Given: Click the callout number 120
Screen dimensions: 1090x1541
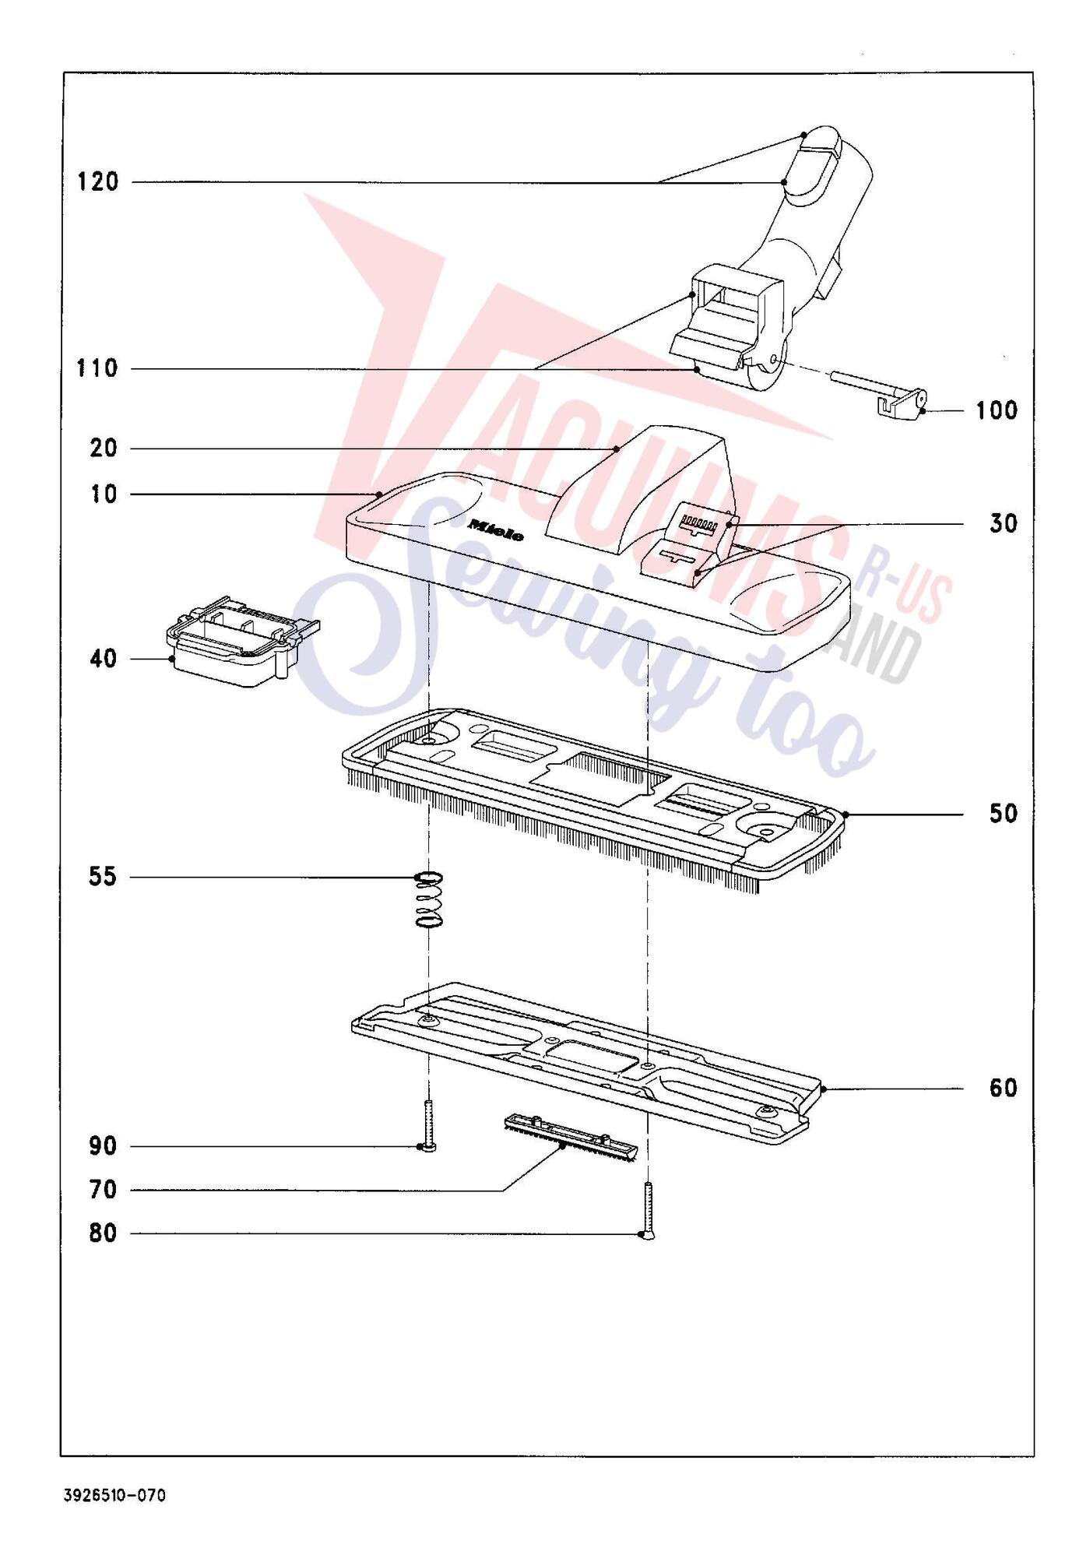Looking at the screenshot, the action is pyautogui.click(x=98, y=182).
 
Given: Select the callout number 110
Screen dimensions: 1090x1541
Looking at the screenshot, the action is pyautogui.click(x=97, y=368).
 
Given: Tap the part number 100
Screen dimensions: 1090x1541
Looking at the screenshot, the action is pyautogui.click(x=997, y=410).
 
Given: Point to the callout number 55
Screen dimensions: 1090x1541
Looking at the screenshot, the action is pyautogui.click(x=102, y=878).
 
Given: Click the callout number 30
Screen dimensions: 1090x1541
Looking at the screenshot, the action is pyautogui.click(x=1004, y=524).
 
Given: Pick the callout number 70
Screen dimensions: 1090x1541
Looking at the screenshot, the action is pyautogui.click(x=103, y=1190).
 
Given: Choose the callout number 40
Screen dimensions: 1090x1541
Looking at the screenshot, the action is pyautogui.click(x=103, y=659).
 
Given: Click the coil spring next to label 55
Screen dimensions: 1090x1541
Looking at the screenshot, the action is pyautogui.click(x=429, y=900).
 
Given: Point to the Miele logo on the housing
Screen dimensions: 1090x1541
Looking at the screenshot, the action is pyautogui.click(x=495, y=530).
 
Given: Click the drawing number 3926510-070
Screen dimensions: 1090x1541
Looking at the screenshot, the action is pyautogui.click(x=115, y=1496).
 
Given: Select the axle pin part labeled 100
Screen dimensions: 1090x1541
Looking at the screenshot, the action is pyautogui.click(x=878, y=392).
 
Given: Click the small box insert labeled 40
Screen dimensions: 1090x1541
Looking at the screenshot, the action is pyautogui.click(x=242, y=642).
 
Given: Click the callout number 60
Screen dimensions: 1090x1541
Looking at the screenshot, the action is pyautogui.click(x=1004, y=1088).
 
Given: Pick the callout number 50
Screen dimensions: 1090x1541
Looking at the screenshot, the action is pyautogui.click(x=1004, y=814).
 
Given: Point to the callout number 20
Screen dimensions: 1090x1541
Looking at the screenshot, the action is pyautogui.click(x=103, y=449).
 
